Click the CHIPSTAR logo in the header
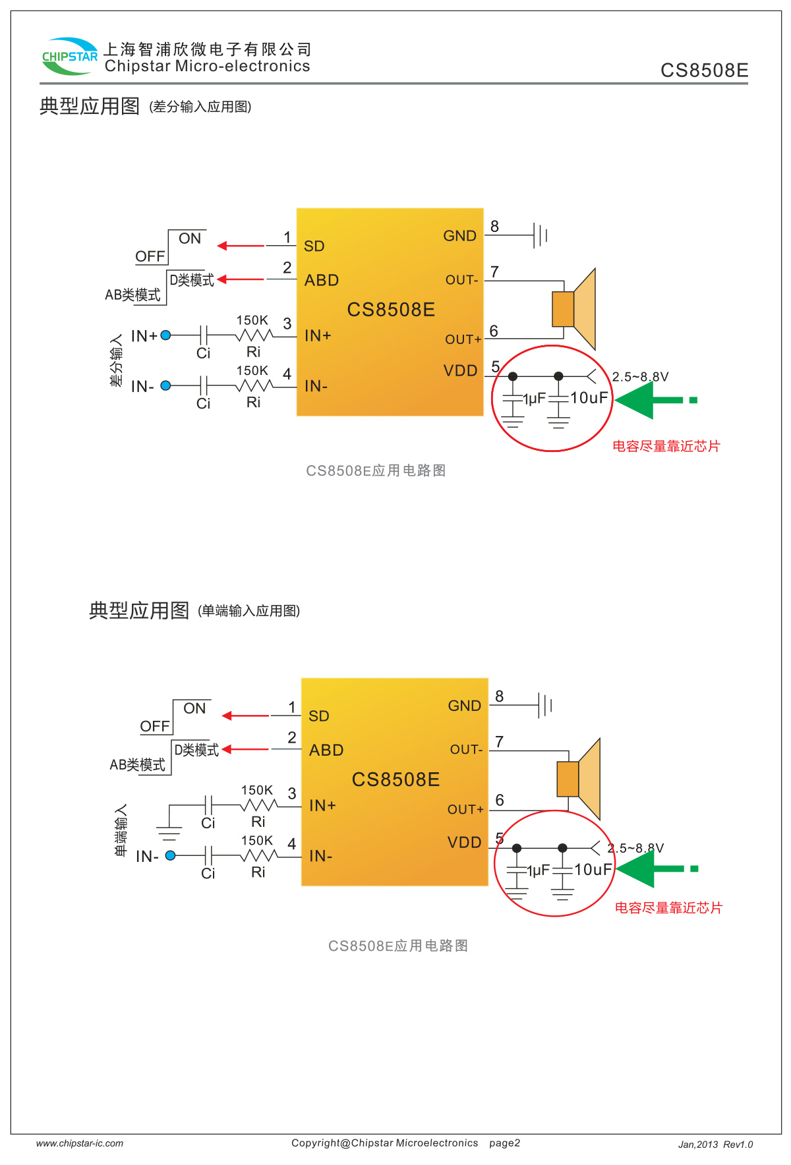pos(69,56)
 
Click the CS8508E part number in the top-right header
pos(704,71)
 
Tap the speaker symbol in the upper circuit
pos(574,308)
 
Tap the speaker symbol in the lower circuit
pos(579,779)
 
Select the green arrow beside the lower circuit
pos(656,869)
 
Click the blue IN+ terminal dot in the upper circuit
pos(166,335)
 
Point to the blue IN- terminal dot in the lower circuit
pos(171,855)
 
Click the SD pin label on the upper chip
pos(314,246)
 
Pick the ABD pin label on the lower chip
pos(326,751)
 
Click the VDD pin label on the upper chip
pos(460,371)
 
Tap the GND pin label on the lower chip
pos(464,706)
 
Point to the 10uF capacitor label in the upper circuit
pos(589,398)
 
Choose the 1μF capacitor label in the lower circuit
pos(539,870)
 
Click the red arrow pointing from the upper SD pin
pos(241,246)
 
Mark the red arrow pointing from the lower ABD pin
pos(245,749)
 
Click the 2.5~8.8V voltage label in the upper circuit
pos(640,377)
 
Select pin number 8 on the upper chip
pos(494,227)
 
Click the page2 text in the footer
pos(504,1143)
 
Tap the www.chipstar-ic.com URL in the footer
pos(80,1143)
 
